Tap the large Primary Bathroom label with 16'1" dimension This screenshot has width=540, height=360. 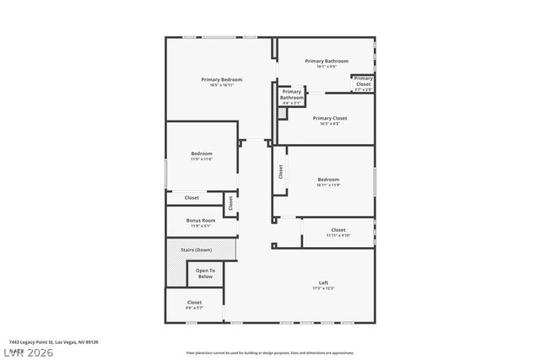326,62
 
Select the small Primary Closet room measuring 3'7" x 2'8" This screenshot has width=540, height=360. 363,83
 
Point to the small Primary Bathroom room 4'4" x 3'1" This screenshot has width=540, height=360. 292,96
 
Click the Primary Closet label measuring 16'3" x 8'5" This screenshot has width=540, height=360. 329,118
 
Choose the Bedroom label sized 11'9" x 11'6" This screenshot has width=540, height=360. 201,153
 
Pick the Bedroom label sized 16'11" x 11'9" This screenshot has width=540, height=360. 328,180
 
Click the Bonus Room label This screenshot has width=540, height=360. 201,220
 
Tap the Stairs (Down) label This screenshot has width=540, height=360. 201,250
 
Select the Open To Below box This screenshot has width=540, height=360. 205,274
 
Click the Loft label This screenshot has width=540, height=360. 323,282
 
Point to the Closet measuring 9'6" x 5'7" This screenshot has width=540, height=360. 194,304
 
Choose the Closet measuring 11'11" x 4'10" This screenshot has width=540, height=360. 337,232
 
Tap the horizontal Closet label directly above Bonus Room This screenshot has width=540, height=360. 192,197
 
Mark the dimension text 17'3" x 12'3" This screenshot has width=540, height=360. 323,288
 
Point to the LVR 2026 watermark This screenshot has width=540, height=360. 27,351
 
